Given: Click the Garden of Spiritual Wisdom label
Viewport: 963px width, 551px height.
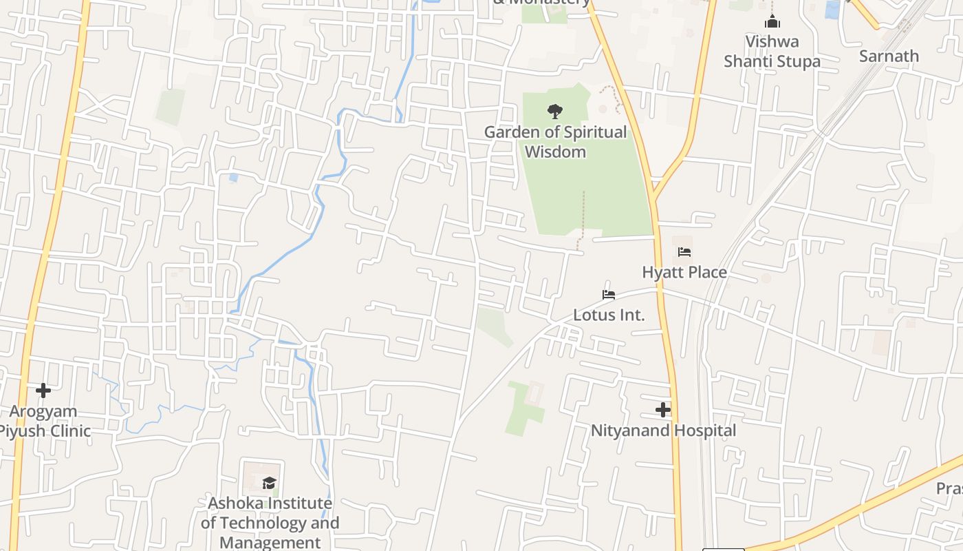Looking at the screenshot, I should [x=555, y=141].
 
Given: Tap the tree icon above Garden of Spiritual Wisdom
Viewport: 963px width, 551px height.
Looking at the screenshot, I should [x=554, y=111].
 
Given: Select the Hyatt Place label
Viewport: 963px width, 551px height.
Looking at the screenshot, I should [x=684, y=272].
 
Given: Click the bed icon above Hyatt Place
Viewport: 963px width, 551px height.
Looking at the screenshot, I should [x=684, y=252].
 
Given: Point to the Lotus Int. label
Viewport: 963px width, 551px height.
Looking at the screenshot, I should [x=609, y=315].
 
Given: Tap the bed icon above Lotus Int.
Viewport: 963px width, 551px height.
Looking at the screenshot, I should [x=609, y=295].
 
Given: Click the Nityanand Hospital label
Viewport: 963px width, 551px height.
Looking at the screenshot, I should [x=663, y=430].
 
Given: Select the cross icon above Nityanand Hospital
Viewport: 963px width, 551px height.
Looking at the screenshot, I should [x=663, y=410].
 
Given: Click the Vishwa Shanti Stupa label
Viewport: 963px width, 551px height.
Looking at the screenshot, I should [x=772, y=51].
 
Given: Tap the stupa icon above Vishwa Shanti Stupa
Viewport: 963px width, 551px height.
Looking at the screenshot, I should [x=772, y=21].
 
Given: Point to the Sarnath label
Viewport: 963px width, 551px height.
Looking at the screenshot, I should [x=889, y=56].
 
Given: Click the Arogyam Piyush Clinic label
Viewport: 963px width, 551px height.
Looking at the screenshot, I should [x=44, y=421].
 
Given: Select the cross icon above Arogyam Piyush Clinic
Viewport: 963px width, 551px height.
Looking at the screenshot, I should [x=43, y=391].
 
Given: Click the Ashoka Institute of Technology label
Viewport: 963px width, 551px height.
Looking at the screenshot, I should [x=270, y=513].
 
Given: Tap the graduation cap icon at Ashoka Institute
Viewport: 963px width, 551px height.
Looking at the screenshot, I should [x=269, y=483].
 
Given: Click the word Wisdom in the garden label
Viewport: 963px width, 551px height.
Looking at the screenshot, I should [x=555, y=152].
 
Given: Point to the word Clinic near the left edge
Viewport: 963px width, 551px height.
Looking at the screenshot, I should [x=66, y=431].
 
